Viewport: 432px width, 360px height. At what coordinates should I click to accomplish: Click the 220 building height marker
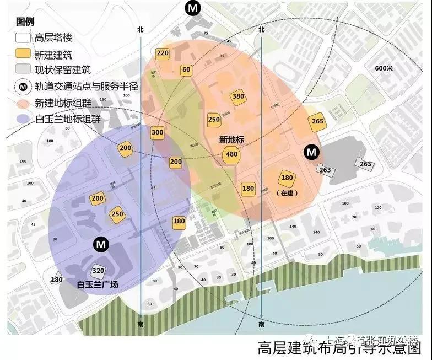(162, 53)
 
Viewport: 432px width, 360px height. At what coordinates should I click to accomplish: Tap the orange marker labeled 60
(186, 70)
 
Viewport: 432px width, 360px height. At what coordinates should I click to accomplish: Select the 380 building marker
(238, 96)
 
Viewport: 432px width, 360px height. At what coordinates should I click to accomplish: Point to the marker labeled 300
(158, 132)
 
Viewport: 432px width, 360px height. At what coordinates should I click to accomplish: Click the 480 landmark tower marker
(232, 154)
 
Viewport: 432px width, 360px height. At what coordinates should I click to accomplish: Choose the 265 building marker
(317, 121)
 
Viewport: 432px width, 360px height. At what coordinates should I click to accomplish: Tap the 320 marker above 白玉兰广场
(98, 271)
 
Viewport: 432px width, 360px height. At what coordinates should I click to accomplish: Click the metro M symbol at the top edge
(192, 8)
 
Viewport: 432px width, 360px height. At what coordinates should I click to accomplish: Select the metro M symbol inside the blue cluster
(100, 243)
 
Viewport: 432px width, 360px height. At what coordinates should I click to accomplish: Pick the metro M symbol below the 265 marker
(312, 152)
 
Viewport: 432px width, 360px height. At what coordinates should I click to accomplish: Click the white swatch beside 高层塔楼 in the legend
(23, 38)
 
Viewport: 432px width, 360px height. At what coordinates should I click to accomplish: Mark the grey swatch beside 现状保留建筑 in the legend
(23, 70)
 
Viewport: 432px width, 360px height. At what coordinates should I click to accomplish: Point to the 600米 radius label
(383, 68)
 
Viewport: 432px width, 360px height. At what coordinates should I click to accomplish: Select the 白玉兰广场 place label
(98, 284)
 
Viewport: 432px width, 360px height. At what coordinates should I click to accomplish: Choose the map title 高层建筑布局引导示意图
(339, 349)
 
